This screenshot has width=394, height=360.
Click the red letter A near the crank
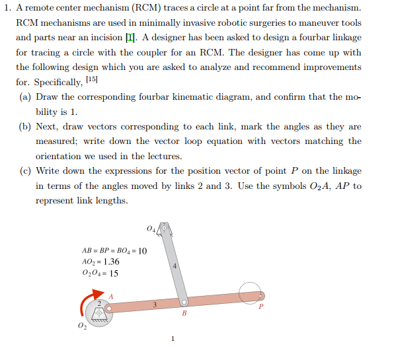click(110, 296)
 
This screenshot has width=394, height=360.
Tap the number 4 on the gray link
click(174, 266)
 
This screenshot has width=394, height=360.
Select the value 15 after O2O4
click(114, 273)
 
